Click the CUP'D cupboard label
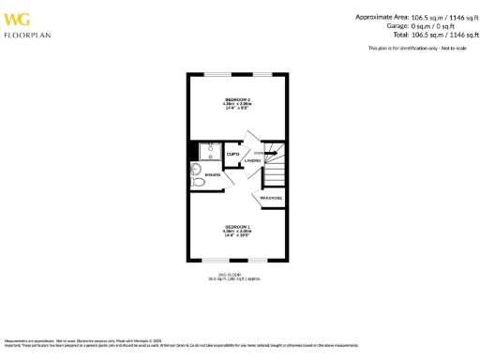(x=233, y=154)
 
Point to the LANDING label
(x=252, y=161)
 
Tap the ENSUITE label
(x=214, y=175)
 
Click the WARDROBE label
(x=272, y=198)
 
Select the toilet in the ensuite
(x=197, y=170)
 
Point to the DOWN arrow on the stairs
(x=271, y=153)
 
